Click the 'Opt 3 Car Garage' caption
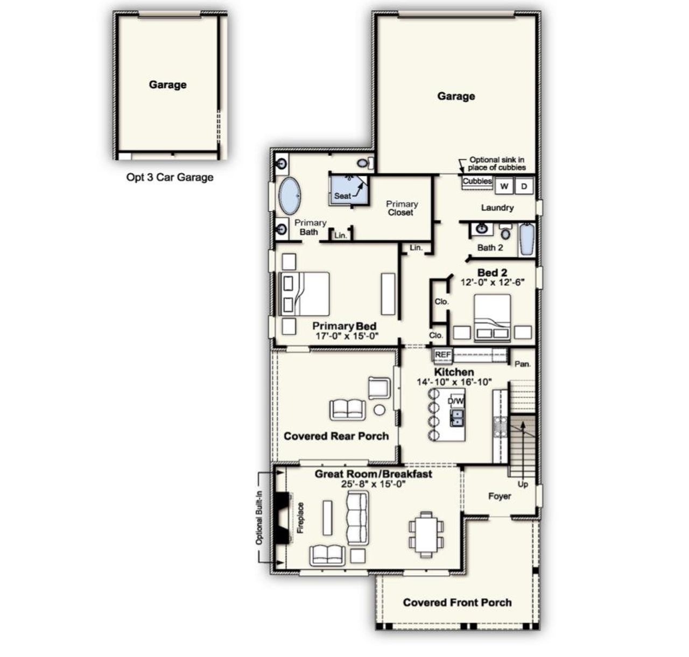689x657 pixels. click(170, 177)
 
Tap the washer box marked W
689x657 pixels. click(504, 186)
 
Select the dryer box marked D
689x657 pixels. click(525, 186)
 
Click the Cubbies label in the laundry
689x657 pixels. click(477, 181)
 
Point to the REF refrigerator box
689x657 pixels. click(443, 355)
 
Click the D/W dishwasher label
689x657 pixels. click(455, 401)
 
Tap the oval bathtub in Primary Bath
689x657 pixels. click(290, 196)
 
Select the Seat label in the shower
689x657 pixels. click(342, 196)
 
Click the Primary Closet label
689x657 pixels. click(402, 208)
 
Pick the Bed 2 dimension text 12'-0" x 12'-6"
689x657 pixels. click(493, 282)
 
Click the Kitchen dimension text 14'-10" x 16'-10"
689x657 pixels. click(454, 382)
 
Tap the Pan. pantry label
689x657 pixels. click(523, 364)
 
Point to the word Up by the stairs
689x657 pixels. click(523, 484)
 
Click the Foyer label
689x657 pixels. click(500, 496)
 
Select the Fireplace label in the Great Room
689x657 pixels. click(300, 518)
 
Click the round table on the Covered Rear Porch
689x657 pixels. click(379, 410)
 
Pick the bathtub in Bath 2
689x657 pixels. click(527, 239)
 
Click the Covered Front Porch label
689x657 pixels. click(457, 603)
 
